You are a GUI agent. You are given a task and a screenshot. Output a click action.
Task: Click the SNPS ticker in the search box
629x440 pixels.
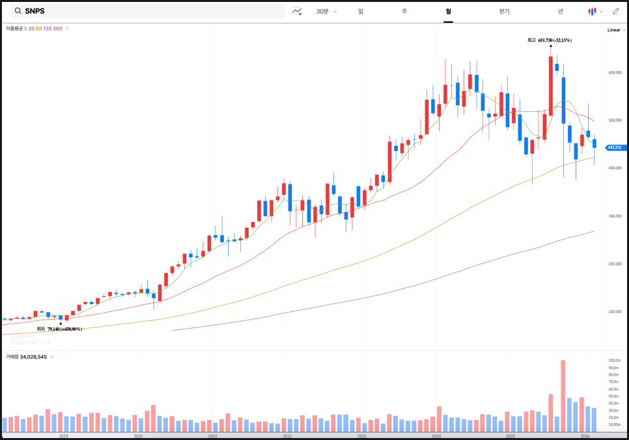[x=35, y=11]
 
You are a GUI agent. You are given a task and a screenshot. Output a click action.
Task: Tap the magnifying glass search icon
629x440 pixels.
[x=18, y=11]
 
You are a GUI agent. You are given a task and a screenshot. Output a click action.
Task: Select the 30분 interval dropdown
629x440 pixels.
[x=326, y=11]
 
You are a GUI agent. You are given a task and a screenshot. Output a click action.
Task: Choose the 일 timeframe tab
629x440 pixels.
[x=361, y=11]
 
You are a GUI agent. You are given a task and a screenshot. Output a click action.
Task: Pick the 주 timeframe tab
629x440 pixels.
[x=404, y=11]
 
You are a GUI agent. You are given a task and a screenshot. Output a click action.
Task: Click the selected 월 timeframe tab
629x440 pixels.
[x=448, y=11]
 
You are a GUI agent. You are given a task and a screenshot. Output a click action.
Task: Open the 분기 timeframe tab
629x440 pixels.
[x=505, y=11]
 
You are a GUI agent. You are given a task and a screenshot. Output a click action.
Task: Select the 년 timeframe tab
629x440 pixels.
[x=561, y=11]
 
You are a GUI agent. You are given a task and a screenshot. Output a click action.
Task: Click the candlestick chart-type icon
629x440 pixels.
[x=593, y=11]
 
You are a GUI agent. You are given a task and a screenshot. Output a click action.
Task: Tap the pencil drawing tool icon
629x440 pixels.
[x=616, y=11]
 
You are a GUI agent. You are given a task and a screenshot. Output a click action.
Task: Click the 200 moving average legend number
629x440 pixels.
[x=57, y=29]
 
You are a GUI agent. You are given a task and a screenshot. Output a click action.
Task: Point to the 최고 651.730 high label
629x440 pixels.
[x=550, y=40]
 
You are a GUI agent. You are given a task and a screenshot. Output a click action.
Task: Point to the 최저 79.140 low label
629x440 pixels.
[x=59, y=329]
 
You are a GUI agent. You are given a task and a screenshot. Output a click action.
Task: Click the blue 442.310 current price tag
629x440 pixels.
[x=615, y=148]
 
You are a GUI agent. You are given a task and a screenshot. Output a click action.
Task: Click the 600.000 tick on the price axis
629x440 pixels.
[x=615, y=72]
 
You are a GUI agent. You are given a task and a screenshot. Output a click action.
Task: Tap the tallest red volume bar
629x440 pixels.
[x=563, y=396]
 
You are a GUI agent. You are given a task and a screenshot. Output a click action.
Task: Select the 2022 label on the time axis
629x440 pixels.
[x=287, y=436]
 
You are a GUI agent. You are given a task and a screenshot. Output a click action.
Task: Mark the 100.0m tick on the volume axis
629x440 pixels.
[x=614, y=360]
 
